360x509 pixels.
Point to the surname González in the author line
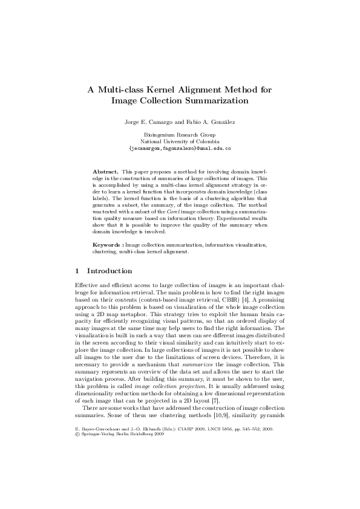(x=221, y=122)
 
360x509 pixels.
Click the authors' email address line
(x=180, y=148)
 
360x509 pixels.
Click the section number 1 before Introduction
(x=76, y=271)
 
